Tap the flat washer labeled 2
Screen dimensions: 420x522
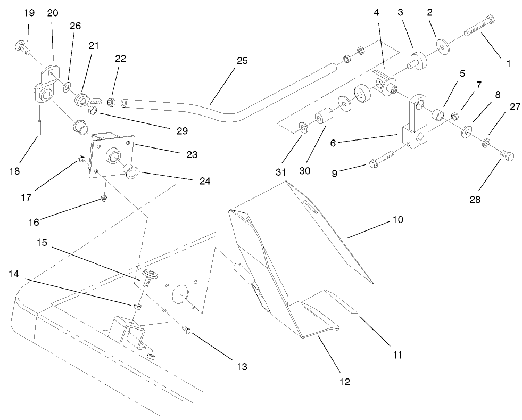[441, 45]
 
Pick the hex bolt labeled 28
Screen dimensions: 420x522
[507, 157]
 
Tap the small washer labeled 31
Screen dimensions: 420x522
[302, 127]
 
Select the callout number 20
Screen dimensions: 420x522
[53, 13]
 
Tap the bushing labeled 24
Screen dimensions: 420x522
[130, 170]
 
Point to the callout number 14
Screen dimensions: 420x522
[14, 274]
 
